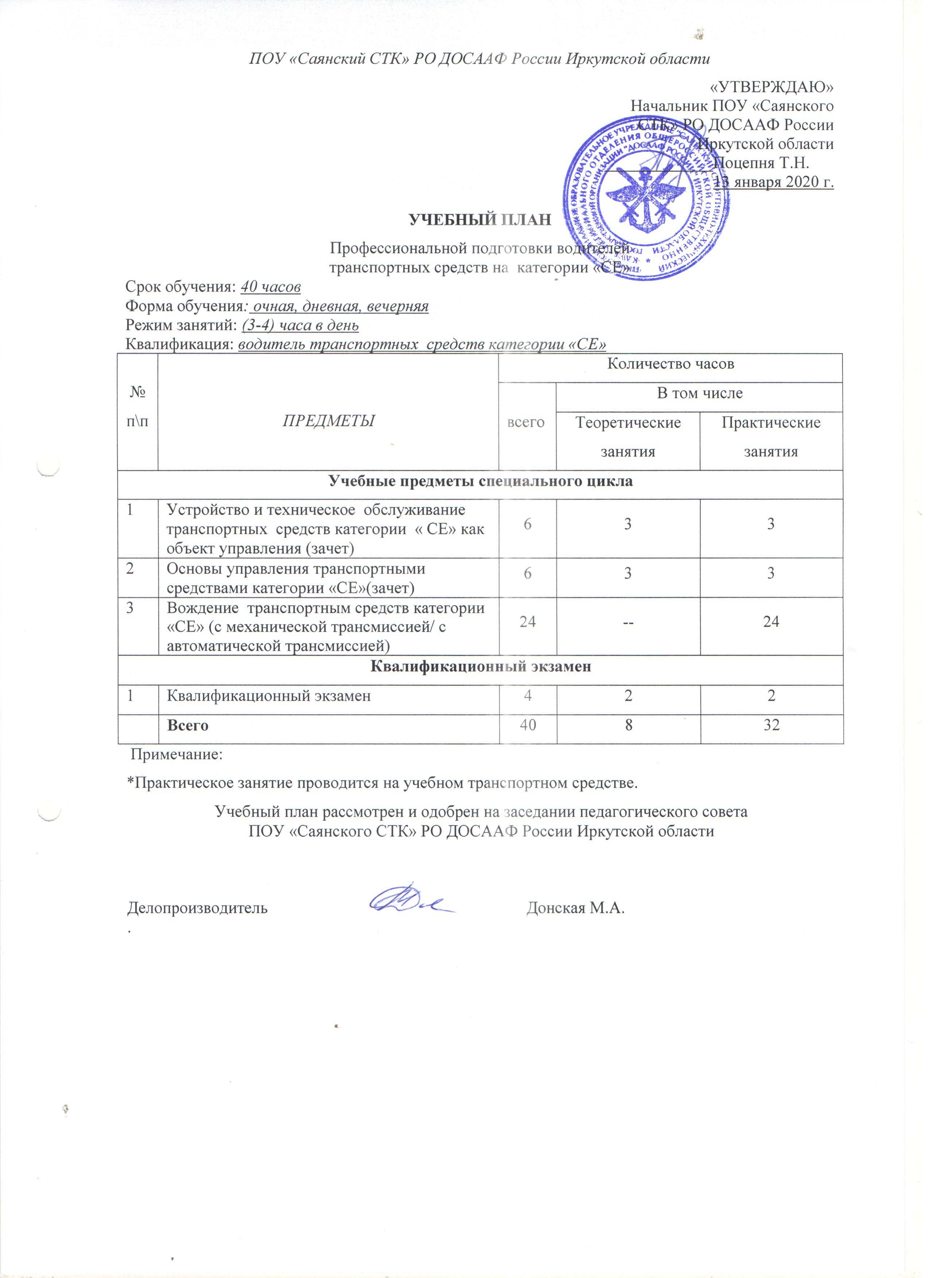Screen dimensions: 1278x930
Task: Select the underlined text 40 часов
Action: [x=271, y=287]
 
